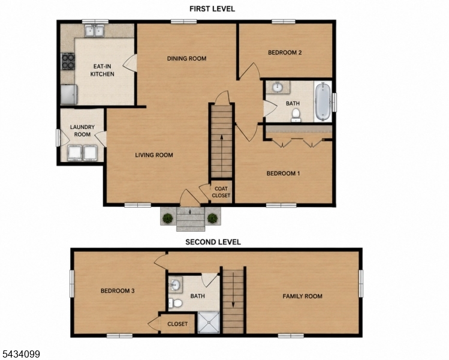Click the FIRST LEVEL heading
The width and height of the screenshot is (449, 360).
[x=212, y=9]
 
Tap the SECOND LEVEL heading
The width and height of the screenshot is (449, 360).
[x=213, y=242]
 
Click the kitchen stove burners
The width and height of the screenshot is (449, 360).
[x=68, y=62]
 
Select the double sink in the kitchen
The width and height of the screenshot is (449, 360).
[x=94, y=31]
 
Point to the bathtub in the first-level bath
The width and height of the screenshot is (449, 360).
[x=323, y=101]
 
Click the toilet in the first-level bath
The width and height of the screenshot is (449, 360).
[x=296, y=115]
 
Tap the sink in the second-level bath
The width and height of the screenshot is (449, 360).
[x=175, y=284]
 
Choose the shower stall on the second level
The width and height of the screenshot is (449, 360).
[x=209, y=322]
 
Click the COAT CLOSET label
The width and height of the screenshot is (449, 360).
[x=221, y=192]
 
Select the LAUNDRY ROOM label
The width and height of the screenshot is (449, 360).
[x=83, y=131]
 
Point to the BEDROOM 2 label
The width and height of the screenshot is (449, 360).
[x=285, y=52]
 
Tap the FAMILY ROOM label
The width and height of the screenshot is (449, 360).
[x=302, y=296]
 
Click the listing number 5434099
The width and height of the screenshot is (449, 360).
[x=20, y=354]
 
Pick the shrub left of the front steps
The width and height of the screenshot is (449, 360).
[x=167, y=218]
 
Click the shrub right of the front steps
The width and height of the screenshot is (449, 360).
[x=212, y=218]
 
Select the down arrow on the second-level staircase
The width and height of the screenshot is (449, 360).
[x=233, y=290]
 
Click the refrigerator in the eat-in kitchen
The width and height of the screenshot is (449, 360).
[x=69, y=94]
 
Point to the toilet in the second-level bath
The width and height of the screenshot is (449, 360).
[x=176, y=302]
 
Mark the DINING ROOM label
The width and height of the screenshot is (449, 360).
[x=186, y=58]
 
